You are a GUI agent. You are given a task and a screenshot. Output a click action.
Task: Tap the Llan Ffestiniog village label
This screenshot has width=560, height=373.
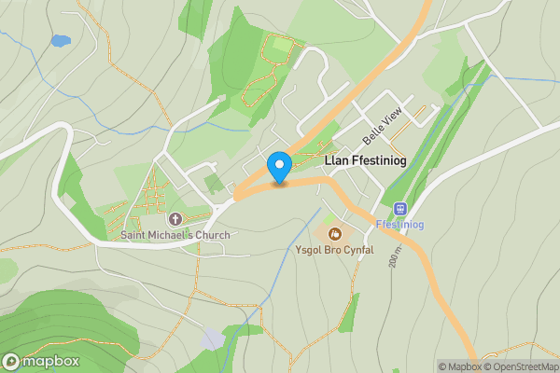pos(365,160)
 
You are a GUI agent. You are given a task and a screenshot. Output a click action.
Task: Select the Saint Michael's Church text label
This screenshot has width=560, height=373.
pos(175,235)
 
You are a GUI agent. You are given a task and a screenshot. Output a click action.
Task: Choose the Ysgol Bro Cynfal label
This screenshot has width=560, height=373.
pos(334,250)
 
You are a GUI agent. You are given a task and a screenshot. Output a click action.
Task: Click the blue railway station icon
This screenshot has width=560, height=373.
pos(400,209)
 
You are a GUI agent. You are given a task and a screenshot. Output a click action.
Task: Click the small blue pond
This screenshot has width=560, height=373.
pos(60,41)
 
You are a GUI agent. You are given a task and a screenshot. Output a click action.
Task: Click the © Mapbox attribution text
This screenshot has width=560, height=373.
pos(461,366)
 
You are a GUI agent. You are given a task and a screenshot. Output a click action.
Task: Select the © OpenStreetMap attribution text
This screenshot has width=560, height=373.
pos(521,366)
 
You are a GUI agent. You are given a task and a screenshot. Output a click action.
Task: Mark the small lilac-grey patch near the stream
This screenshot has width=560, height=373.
pos(214,338)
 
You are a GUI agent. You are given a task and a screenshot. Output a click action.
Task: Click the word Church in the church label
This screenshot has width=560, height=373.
pos(211,235)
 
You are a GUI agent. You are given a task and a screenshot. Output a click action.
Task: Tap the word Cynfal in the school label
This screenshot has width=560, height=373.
pos(357,250)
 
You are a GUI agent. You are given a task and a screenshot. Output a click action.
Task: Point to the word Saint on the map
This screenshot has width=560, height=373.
pos(133,235)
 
